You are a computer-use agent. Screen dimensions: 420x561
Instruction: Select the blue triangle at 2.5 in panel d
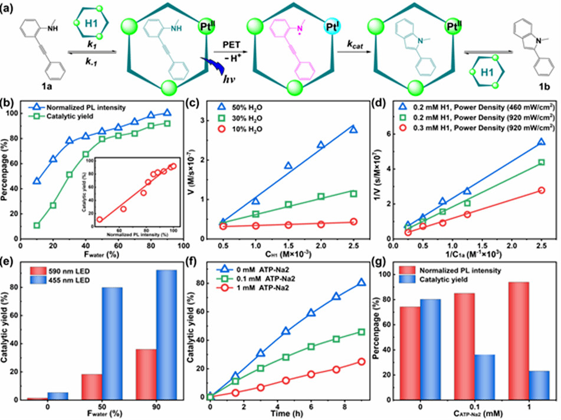[x=541, y=142]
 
